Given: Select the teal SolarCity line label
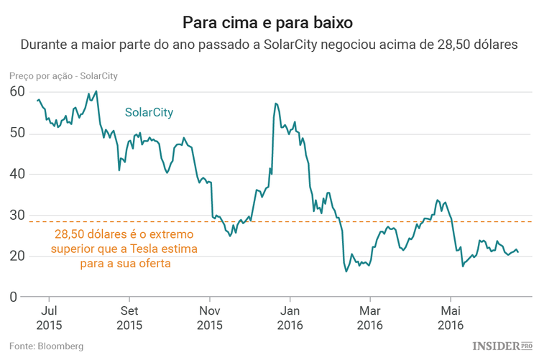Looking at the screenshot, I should click(x=149, y=113).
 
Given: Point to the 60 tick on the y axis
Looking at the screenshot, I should click(x=17, y=92).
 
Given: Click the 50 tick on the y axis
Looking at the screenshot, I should click(x=17, y=133).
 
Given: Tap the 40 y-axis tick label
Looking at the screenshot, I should click(x=17, y=174).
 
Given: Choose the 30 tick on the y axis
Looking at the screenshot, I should click(x=17, y=215).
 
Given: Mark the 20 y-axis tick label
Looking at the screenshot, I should click(x=17, y=256).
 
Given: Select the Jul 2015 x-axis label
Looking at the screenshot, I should click(x=49, y=318).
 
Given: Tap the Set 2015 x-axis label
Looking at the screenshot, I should click(x=129, y=318).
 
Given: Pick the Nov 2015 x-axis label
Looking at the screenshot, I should click(x=210, y=318).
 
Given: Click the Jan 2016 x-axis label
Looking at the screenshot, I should click(x=290, y=318).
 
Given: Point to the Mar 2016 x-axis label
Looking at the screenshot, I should click(x=370, y=318).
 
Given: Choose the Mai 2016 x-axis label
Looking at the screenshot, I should click(x=451, y=318).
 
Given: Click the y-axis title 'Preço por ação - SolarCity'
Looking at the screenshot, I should click(x=63, y=75).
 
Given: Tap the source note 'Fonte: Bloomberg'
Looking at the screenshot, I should click(x=46, y=346).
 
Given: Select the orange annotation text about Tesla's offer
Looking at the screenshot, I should click(x=126, y=249).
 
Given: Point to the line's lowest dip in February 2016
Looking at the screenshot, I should click(x=346, y=271).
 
